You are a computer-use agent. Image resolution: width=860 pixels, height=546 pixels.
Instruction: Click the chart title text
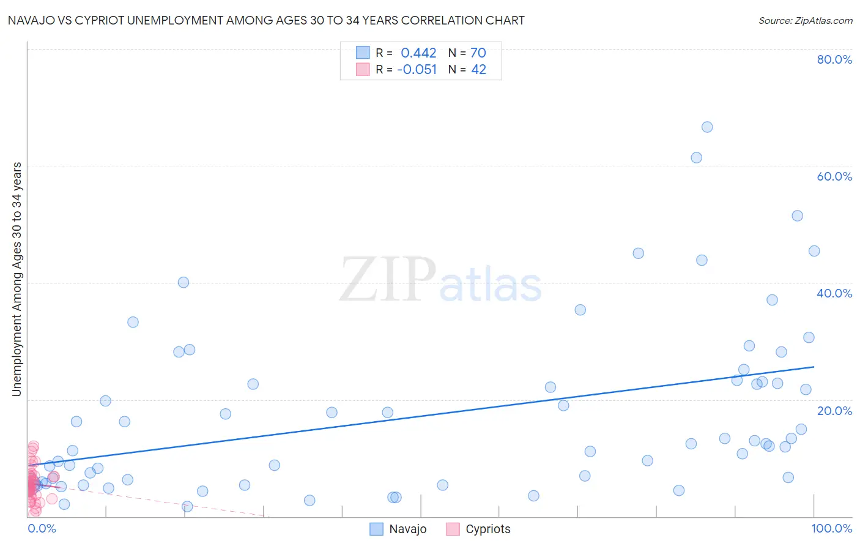[x=266, y=20]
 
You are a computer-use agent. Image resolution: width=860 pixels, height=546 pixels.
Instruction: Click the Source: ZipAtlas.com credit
[x=805, y=20]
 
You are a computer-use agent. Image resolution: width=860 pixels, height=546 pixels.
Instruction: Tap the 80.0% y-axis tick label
[x=834, y=59]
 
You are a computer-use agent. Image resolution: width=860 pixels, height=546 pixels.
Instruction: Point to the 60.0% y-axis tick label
[x=834, y=176]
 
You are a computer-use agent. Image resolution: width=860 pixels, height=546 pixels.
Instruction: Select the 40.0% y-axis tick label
[x=834, y=293]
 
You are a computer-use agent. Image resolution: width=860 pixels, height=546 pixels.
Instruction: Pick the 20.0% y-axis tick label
[x=834, y=411]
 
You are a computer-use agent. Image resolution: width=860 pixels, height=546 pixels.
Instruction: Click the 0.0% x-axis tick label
[x=42, y=528]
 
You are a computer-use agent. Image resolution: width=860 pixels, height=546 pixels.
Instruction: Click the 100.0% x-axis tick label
[x=831, y=528]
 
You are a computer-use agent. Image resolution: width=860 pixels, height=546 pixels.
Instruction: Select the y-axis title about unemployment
[x=17, y=279]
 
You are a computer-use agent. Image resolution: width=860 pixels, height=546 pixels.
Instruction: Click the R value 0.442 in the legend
[x=418, y=53]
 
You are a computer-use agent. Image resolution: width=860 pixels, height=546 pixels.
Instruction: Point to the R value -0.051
[x=417, y=70]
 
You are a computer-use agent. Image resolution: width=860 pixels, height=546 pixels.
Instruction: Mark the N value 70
[x=478, y=53]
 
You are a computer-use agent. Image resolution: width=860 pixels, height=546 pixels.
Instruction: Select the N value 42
[x=478, y=70]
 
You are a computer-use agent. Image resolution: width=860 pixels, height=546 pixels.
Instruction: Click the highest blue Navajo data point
[x=707, y=127]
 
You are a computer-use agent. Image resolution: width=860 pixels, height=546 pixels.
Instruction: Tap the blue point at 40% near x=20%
[x=183, y=282]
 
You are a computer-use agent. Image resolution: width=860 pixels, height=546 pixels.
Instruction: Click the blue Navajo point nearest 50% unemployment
[x=797, y=215]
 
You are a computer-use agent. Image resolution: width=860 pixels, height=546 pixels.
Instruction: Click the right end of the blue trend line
[x=814, y=367]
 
